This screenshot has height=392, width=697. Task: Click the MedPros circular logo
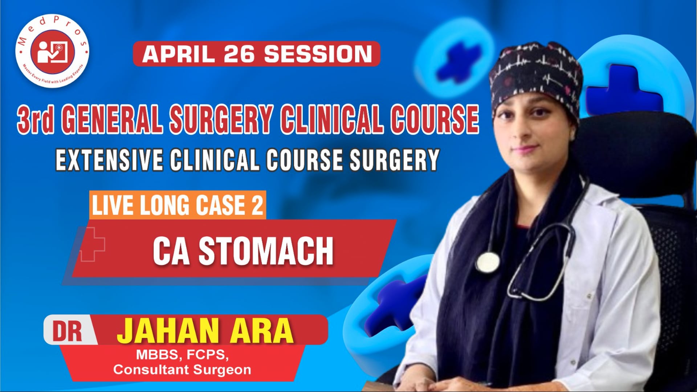point(52,51)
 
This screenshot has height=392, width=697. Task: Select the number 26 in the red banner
point(239,54)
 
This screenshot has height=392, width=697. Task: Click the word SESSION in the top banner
point(318,54)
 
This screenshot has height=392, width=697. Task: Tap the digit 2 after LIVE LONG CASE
point(257,205)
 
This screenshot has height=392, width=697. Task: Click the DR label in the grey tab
point(68,331)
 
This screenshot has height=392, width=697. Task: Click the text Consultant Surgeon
point(182,370)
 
